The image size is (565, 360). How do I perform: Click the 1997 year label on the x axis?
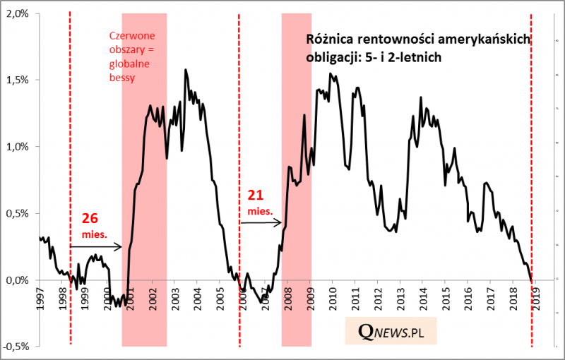point(41,301)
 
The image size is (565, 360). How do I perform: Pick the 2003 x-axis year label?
point(175,301)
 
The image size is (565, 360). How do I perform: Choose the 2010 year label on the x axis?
point(332,301)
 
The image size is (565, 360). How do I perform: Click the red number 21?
point(255,194)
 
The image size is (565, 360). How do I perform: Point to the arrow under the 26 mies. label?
point(97,247)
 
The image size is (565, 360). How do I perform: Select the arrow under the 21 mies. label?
point(261,222)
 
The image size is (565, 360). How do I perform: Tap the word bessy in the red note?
point(121,78)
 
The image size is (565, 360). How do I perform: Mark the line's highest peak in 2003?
point(186,70)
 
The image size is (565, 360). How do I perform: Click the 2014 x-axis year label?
point(422,301)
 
